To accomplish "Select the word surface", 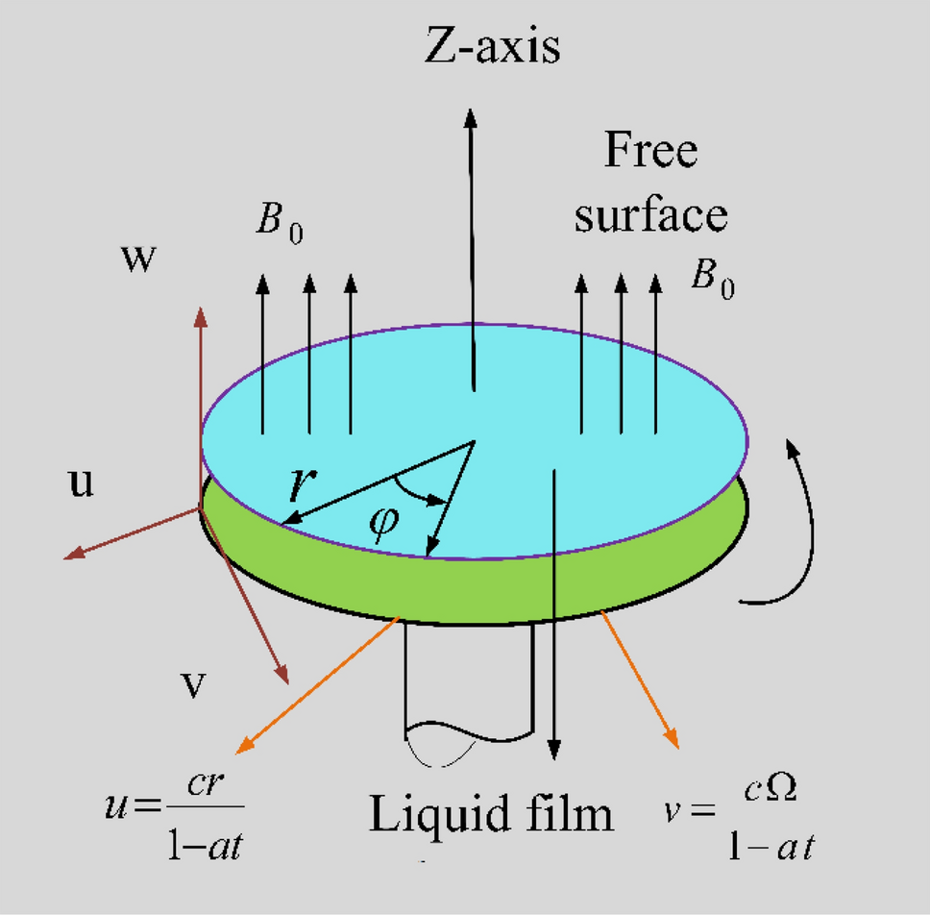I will coord(650,215).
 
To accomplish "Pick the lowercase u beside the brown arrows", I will coord(83,483).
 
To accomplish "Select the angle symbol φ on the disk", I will coord(381,528).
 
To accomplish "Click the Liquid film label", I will coord(492,815).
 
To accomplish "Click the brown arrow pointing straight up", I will coord(200,384).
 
